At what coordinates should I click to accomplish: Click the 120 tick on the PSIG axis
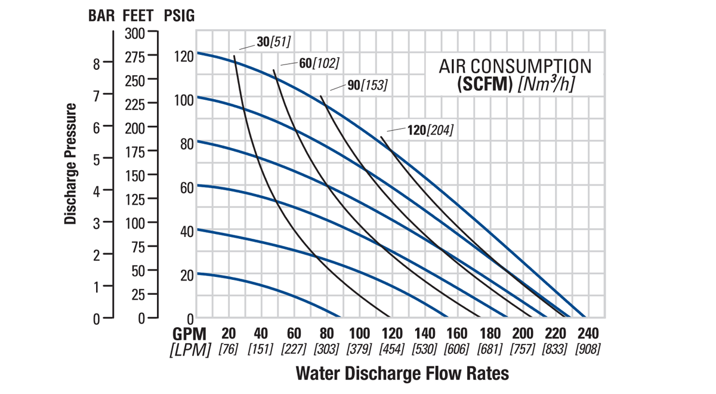click(x=184, y=57)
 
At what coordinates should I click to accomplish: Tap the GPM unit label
click(x=191, y=334)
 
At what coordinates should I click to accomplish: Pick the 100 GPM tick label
click(x=359, y=334)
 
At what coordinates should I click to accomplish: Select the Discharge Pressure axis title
click(x=71, y=164)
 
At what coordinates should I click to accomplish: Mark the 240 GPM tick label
click(x=588, y=334)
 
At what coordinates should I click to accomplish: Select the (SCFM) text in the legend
click(x=485, y=85)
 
